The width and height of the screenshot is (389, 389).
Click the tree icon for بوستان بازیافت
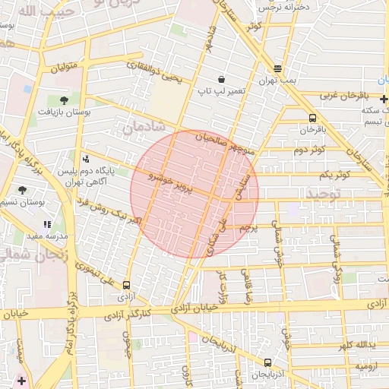63,99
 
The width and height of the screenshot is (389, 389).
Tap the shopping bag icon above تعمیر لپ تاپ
221,78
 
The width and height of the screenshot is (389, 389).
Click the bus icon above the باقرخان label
313,118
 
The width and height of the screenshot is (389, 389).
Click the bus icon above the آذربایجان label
267,362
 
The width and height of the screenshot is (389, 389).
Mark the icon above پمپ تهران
277,68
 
